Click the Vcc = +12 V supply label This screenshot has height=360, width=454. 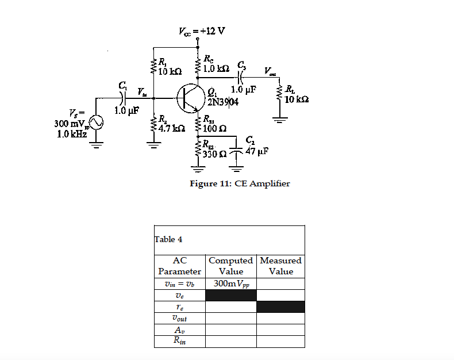point(200,30)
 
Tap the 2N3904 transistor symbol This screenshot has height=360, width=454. point(189,98)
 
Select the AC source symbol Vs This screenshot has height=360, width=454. point(95,122)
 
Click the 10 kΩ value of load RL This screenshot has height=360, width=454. point(298,99)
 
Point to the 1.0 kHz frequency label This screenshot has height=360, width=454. point(72,133)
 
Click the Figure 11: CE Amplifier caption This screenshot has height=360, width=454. point(240,184)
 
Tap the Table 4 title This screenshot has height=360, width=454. point(168,239)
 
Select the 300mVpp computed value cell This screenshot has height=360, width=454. point(231,284)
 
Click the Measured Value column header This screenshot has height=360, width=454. point(280,266)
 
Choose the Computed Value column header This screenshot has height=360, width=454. point(231,266)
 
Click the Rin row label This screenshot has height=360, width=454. point(179,342)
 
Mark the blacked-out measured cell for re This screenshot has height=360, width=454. point(280,307)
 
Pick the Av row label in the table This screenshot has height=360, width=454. point(179,330)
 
